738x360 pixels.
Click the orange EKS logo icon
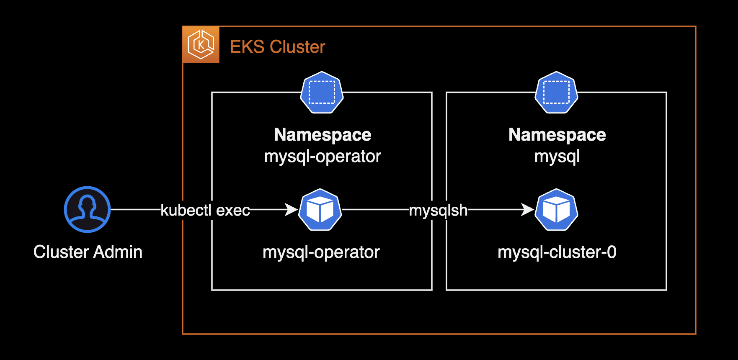tap(201, 45)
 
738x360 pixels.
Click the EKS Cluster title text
tap(277, 47)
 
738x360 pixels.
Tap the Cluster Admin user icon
tap(87, 209)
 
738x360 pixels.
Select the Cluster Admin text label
tap(88, 252)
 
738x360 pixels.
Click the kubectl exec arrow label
tap(205, 210)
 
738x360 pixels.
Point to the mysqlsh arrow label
tap(438, 210)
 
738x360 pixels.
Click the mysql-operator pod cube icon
tap(320, 210)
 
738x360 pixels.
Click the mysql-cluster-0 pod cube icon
tap(557, 210)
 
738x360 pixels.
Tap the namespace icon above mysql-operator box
tap(322, 93)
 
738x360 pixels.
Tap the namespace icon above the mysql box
tap(556, 93)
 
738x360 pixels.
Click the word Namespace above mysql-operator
tap(323, 135)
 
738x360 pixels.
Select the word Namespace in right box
tap(557, 135)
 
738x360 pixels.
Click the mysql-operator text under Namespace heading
tap(323, 157)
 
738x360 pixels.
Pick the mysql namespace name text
tap(557, 157)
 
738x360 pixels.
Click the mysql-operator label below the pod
tap(321, 252)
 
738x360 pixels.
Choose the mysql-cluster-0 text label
tap(557, 252)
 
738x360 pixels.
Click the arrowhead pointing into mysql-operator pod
tap(292, 209)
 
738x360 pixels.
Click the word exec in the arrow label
tap(233, 210)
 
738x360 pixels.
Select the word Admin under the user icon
tap(118, 252)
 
